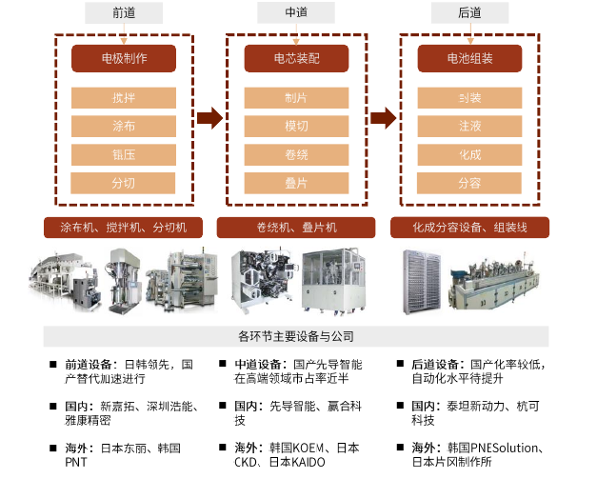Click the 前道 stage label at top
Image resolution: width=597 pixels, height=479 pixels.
[x=124, y=12]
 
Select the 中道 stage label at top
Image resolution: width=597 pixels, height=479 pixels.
[x=295, y=12]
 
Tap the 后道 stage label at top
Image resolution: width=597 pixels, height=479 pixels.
[x=468, y=12]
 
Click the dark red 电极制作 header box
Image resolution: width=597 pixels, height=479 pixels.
[x=124, y=58]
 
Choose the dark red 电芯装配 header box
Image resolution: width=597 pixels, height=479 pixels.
[x=296, y=58]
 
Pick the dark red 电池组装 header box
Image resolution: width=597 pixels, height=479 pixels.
[x=469, y=58]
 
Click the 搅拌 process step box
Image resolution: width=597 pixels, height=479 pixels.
[x=124, y=97]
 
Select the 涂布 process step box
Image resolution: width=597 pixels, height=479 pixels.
[x=124, y=126]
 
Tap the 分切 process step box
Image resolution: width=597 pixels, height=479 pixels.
[x=124, y=183]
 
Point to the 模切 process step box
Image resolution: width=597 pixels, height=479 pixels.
[x=296, y=126]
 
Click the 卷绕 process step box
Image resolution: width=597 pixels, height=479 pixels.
[x=296, y=154]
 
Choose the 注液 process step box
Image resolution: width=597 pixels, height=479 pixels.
[x=469, y=126]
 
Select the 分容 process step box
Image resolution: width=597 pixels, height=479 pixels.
[x=469, y=183]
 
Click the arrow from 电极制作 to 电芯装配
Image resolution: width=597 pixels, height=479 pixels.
[x=209, y=118]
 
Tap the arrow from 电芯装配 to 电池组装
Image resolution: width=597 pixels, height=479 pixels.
[x=383, y=118]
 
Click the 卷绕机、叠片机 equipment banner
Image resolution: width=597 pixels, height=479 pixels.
[x=297, y=228]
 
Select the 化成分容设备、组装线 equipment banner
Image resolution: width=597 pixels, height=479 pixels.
[x=469, y=228]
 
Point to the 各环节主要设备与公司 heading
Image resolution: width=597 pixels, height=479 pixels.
[x=296, y=336]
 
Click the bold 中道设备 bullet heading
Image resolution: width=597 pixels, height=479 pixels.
[x=259, y=365]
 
